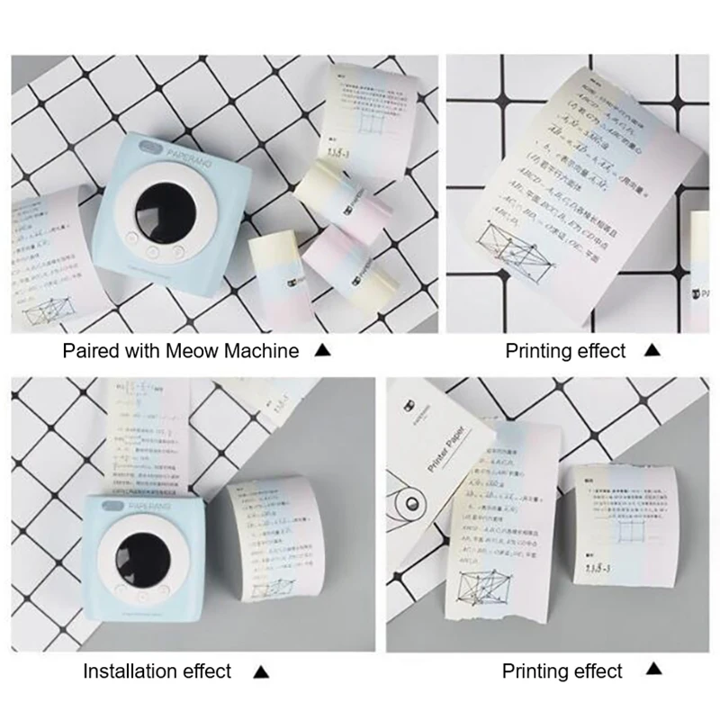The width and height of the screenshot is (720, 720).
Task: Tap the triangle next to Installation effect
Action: click(x=260, y=670)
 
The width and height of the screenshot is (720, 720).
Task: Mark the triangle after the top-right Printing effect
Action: click(x=653, y=351)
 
